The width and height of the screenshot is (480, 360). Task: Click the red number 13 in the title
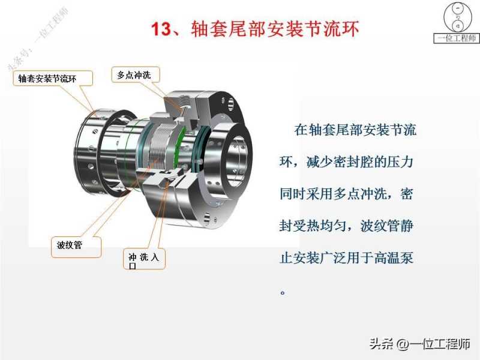(x=161, y=29)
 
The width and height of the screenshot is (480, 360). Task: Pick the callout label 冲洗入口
(x=144, y=260)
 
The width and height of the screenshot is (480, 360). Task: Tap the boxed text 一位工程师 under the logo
(x=457, y=38)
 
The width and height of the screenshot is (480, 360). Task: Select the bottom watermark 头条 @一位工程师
(x=419, y=344)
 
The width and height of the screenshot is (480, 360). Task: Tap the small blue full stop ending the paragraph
(x=283, y=292)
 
